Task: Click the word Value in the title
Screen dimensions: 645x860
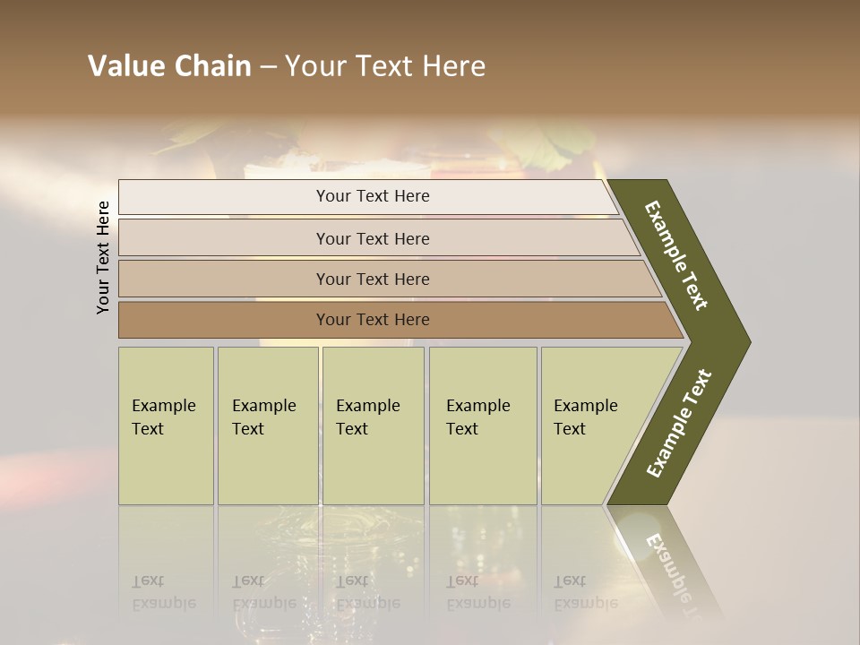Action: pos(125,66)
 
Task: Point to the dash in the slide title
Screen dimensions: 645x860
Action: pos(268,67)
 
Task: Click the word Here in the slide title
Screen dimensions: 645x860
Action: pos(453,66)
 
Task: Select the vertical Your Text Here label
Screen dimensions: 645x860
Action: pos(103,257)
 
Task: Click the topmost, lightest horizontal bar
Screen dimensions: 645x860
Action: pos(372,196)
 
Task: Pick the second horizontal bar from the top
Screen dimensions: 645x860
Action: pos(372,238)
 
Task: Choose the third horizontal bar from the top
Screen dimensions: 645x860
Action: pos(372,279)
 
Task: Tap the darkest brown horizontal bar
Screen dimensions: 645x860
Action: pos(372,320)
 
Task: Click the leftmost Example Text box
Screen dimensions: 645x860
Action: pos(166,426)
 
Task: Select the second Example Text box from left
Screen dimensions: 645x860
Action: pos(268,426)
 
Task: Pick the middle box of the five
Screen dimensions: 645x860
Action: pos(373,426)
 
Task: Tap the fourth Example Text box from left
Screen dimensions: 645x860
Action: pos(483,426)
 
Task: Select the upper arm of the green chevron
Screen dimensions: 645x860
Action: pos(676,255)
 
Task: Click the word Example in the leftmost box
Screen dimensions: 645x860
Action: pos(163,406)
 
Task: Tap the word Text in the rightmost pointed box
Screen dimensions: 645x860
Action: pos(569,429)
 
